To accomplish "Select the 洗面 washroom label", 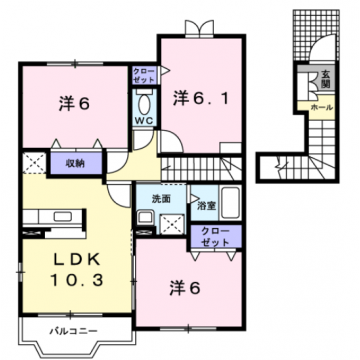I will tap(160, 198).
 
